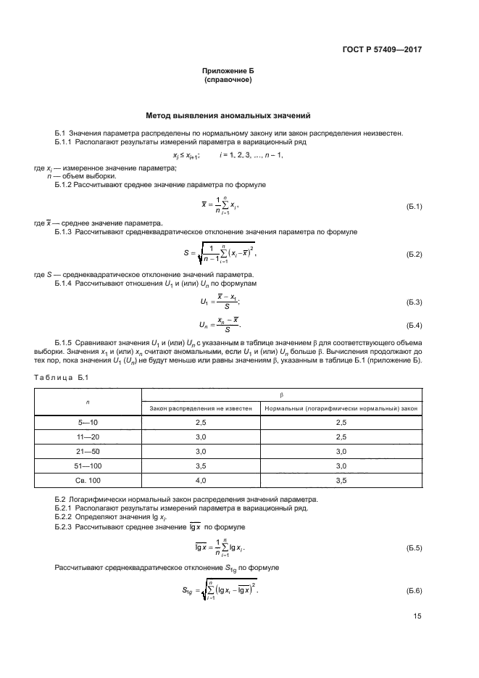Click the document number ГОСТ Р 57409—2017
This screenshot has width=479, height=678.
coord(382,50)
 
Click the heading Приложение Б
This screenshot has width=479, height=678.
coord(228,71)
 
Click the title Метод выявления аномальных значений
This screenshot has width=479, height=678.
coord(228,115)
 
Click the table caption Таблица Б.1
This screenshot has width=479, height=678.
coord(61,378)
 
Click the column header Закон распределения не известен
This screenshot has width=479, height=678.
coord(200,409)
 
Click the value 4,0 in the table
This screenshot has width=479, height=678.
coord(200,480)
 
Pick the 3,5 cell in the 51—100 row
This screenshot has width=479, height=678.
coord(200,466)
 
